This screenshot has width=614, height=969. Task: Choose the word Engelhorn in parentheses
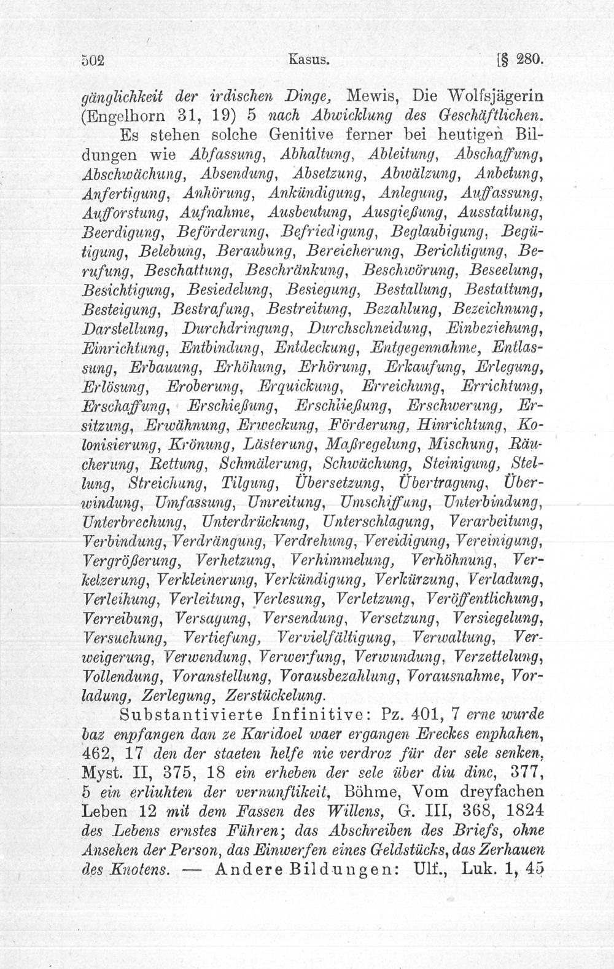coord(131,115)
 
